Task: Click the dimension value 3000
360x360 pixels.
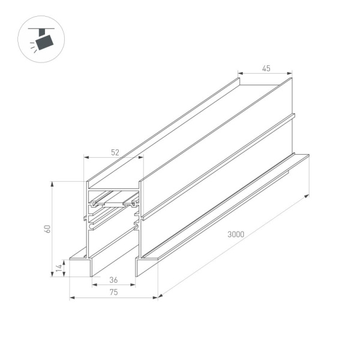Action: tap(235, 235)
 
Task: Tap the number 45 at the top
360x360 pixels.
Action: tap(266, 68)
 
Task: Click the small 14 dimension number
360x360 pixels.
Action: tap(59, 268)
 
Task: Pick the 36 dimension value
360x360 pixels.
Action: tap(113, 279)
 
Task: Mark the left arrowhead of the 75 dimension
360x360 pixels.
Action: tap(71, 297)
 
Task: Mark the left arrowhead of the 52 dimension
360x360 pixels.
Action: tap(85, 158)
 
